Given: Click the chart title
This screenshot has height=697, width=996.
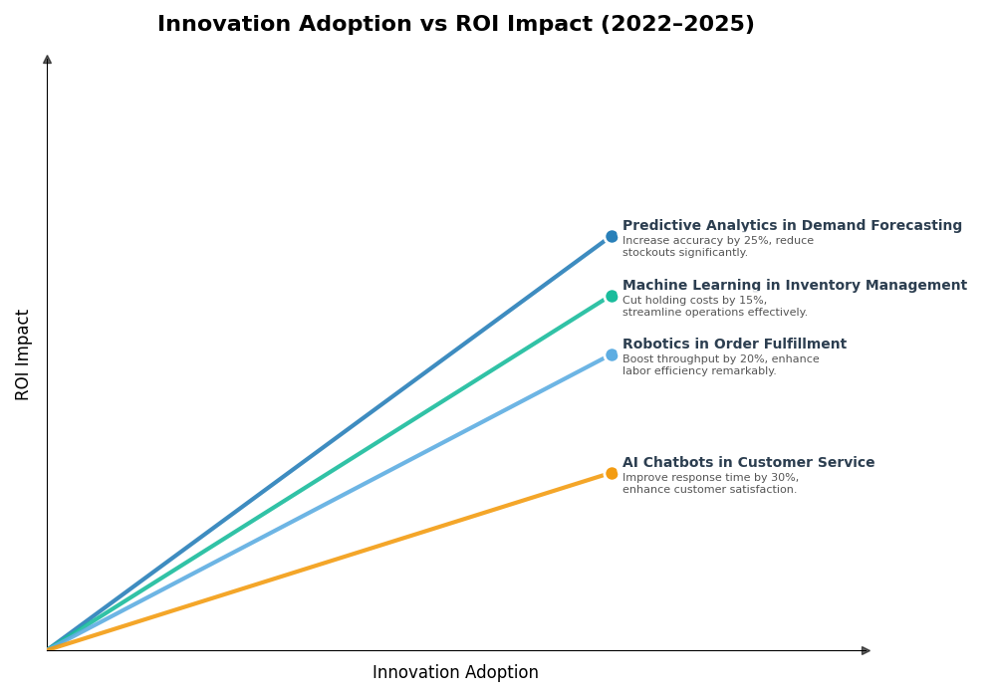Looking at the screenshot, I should point(455,25).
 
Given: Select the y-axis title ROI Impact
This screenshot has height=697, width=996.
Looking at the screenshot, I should point(23,354).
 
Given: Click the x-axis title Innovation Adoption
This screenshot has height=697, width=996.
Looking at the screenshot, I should point(455,673).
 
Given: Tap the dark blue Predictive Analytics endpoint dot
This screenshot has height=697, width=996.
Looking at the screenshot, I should point(612,237).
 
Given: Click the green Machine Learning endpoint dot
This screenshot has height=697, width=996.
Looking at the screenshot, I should point(612,297).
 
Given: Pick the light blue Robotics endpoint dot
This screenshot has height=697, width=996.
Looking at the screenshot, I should point(612,355).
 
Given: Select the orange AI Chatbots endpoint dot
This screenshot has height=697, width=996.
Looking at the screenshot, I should point(612,474).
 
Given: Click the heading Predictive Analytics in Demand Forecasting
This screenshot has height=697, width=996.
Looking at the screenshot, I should point(792,226).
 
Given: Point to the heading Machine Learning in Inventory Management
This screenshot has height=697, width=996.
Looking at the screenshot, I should point(794,286).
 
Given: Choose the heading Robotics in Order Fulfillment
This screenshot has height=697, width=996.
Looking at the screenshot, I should point(734,345).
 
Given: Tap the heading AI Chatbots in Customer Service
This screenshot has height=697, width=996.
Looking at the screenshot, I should point(748,463).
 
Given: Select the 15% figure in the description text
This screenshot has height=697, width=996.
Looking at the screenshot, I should point(752,301).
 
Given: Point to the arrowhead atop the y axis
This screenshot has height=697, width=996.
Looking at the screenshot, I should point(47,60).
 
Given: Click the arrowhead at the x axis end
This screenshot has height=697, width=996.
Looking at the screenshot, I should point(866,651).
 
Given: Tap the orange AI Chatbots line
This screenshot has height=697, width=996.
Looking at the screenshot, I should point(329,562).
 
